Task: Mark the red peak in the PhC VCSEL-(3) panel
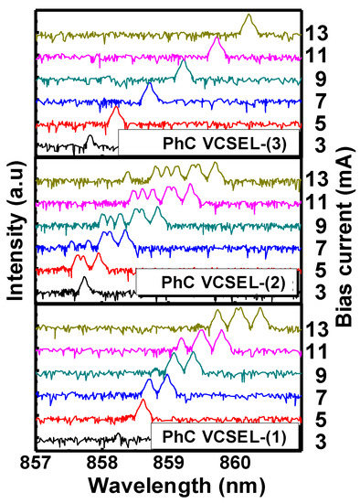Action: point(116,112)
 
